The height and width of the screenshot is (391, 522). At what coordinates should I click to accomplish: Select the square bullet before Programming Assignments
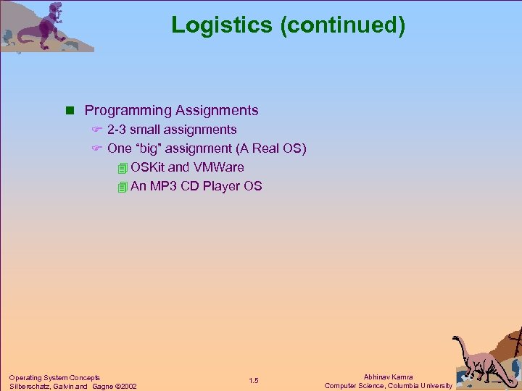click(70, 111)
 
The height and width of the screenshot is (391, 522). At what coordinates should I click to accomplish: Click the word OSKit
click(147, 167)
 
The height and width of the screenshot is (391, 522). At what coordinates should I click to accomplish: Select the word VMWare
click(218, 167)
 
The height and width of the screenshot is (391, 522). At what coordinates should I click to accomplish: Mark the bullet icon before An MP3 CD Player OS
click(122, 187)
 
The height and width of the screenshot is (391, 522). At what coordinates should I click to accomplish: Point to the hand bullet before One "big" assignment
click(95, 148)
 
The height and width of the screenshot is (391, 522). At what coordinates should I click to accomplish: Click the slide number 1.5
click(254, 381)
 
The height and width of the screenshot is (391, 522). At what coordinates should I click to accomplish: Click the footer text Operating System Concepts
click(54, 377)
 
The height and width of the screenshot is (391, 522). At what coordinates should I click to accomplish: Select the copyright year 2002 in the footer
click(127, 386)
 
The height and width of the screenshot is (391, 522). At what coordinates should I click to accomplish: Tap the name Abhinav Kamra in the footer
click(388, 377)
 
